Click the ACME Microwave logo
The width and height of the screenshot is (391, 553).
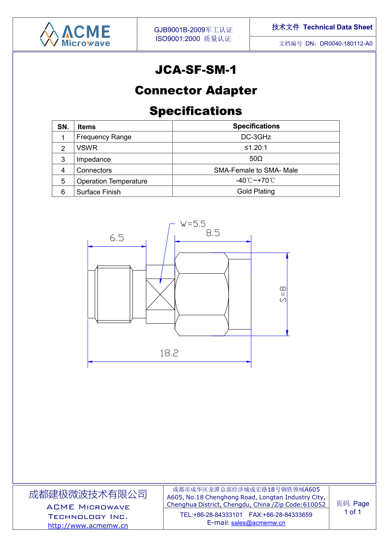75,34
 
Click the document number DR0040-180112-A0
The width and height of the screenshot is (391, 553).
346,44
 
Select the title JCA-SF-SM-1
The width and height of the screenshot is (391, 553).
196,70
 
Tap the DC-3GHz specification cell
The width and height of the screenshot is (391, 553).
256,137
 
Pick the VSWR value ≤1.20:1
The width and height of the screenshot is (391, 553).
256,148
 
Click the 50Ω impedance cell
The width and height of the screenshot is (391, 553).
256,159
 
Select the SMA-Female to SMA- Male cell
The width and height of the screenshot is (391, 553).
256,170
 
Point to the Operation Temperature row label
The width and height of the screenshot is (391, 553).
112,181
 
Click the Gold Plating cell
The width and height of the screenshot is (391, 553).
256,191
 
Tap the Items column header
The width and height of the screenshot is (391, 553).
86,127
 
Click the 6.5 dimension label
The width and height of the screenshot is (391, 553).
117,238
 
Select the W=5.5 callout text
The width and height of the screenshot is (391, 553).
193,224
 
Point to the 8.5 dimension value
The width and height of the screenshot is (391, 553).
213,233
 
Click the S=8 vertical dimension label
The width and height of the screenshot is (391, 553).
282,294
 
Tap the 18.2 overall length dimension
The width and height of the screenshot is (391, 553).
169,353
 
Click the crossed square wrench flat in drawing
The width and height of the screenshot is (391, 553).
160,294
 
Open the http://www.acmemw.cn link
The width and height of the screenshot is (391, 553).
88,526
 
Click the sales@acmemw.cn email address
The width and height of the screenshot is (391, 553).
258,523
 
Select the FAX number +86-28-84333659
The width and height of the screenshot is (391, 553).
287,515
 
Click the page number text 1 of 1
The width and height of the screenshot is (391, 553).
352,512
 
